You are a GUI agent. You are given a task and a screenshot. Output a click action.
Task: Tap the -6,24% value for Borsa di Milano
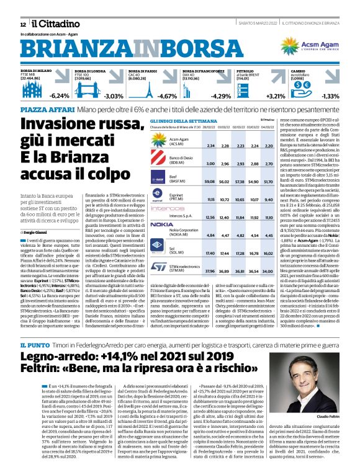point(59,96)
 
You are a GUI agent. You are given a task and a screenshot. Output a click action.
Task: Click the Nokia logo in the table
point(162,224)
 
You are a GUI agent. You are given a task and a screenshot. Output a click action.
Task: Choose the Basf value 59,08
point(210,181)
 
